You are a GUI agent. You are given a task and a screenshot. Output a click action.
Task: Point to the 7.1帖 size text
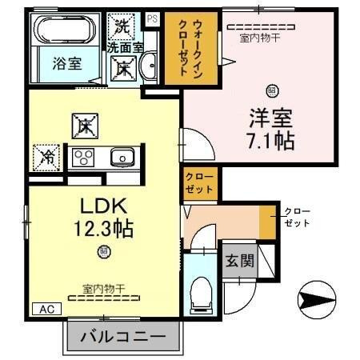[271, 141]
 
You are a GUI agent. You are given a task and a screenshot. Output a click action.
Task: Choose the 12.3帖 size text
[102, 228]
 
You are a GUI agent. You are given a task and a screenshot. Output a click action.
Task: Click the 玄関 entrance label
[238, 260]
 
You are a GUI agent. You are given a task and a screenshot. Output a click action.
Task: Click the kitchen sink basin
[121, 156]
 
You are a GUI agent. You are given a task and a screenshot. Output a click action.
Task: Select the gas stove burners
[84, 156]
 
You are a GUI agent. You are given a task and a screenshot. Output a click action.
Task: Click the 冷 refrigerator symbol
[46, 155]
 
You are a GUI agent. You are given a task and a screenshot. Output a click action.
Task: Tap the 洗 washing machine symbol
[123, 26]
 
